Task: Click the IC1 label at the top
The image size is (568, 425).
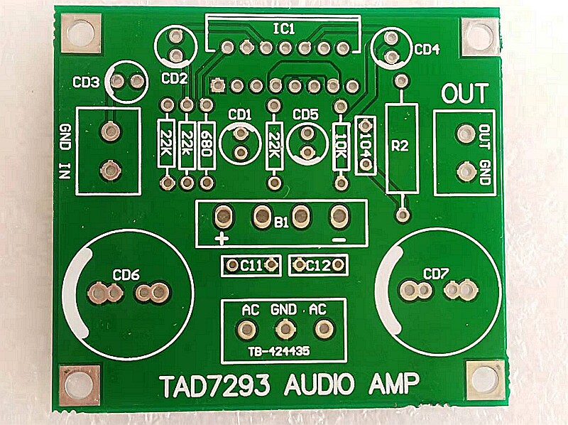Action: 288,28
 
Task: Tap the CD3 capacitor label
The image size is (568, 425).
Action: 86,82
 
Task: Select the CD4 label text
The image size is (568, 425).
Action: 427,50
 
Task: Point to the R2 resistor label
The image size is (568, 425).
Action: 400,146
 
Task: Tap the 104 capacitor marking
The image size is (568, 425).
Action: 366,139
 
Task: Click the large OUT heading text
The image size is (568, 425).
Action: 465,93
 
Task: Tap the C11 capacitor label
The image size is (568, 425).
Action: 251,266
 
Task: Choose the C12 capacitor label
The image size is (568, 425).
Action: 318,266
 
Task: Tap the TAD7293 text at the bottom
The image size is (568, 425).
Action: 214,387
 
